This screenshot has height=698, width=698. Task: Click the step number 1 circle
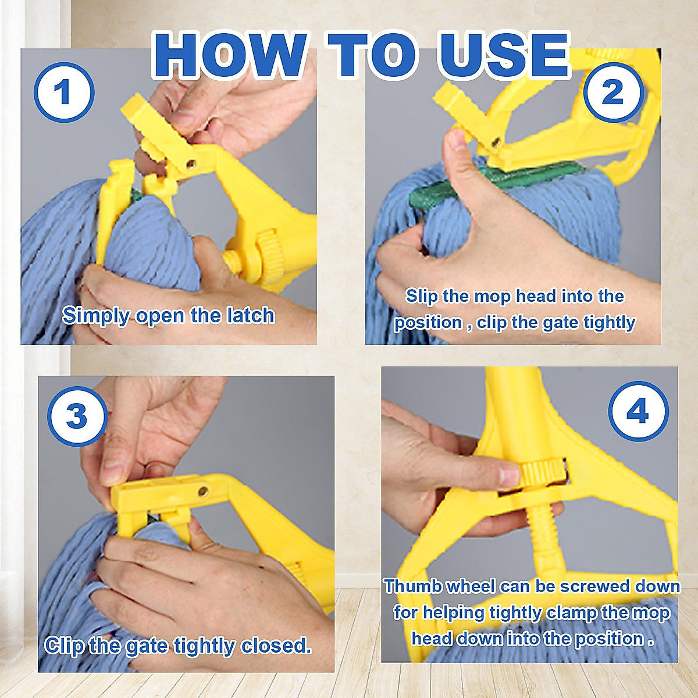(x=64, y=93)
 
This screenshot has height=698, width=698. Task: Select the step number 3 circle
(x=77, y=416)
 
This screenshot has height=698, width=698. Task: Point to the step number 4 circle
(x=638, y=412)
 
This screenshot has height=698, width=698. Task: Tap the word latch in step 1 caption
(x=251, y=315)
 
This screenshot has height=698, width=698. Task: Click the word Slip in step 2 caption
(x=421, y=296)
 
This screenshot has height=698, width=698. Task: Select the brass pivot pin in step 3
(x=203, y=492)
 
